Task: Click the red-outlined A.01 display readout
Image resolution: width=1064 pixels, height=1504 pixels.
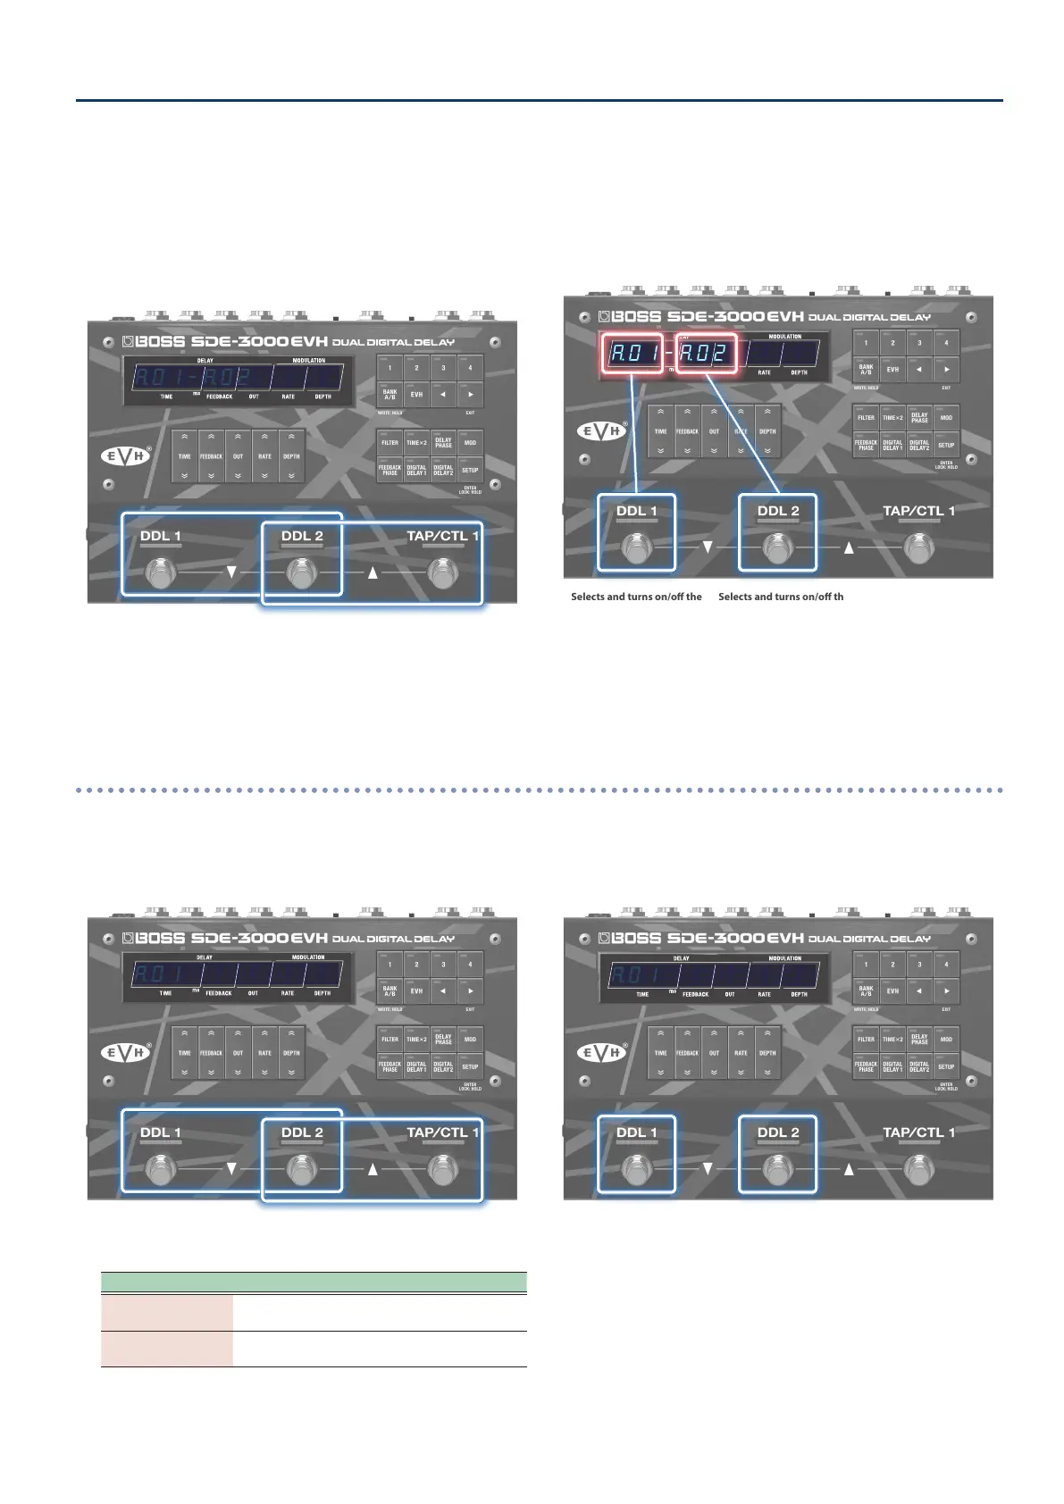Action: [x=633, y=353]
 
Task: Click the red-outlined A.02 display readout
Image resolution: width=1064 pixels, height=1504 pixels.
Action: [x=706, y=353]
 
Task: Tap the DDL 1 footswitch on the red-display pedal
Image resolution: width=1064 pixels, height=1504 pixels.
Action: [x=635, y=547]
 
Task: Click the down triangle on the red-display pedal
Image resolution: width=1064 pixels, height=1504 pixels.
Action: [x=707, y=547]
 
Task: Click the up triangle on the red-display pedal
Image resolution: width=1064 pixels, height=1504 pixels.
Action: [x=849, y=547]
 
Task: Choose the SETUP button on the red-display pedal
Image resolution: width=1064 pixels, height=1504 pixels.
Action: [x=946, y=444]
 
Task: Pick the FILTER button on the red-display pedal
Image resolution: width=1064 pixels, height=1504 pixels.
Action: [x=866, y=417]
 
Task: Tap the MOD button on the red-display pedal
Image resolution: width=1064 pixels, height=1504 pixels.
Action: [x=946, y=417]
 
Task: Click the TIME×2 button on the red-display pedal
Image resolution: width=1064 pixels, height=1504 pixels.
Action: [x=892, y=417]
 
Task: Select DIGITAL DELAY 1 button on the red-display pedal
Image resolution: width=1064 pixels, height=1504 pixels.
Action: [x=892, y=444]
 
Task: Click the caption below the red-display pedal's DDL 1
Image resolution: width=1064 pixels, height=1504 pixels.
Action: [x=636, y=597]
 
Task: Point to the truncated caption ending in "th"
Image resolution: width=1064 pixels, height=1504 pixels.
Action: [x=780, y=597]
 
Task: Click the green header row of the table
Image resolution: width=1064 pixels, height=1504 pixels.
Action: [x=314, y=1283]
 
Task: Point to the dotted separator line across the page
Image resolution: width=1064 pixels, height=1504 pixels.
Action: [x=540, y=790]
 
